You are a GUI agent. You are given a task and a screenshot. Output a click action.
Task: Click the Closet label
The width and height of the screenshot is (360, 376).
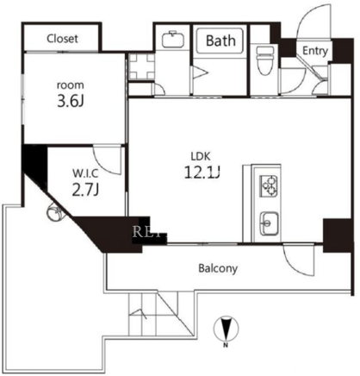tap(62, 39)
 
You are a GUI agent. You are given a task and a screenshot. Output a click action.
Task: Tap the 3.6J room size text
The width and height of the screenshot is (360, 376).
tap(71, 102)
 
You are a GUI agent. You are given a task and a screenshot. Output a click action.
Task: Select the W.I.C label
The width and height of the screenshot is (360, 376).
tap(85, 173)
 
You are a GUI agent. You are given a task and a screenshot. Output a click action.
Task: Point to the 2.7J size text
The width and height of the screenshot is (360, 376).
tap(85, 190)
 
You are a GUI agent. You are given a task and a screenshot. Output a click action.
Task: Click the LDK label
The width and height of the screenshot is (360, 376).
tap(201, 156)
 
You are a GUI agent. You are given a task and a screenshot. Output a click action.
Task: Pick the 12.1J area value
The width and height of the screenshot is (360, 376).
tap(202, 172)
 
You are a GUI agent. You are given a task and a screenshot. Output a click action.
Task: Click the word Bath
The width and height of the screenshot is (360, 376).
tap(220, 41)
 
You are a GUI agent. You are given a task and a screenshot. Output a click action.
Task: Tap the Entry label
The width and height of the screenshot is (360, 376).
tap(315, 51)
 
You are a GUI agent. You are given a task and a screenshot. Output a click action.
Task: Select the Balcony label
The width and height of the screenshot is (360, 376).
tap(218, 268)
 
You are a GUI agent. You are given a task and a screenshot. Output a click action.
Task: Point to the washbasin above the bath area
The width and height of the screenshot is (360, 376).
tap(173, 39)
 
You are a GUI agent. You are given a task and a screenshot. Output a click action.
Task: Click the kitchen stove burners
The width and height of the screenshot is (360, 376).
tap(269, 186)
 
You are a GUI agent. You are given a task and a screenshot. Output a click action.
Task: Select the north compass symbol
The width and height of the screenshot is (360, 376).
tap(227, 329)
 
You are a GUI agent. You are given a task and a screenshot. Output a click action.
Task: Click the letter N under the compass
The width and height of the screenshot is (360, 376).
tap(226, 345)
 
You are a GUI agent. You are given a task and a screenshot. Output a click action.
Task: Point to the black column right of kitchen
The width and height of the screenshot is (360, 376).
tap(338, 235)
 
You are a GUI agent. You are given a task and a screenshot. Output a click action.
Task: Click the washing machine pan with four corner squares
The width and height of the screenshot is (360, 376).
tap(141, 66)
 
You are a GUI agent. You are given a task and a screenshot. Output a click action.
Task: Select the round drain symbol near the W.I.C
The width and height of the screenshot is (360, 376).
tap(54, 213)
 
